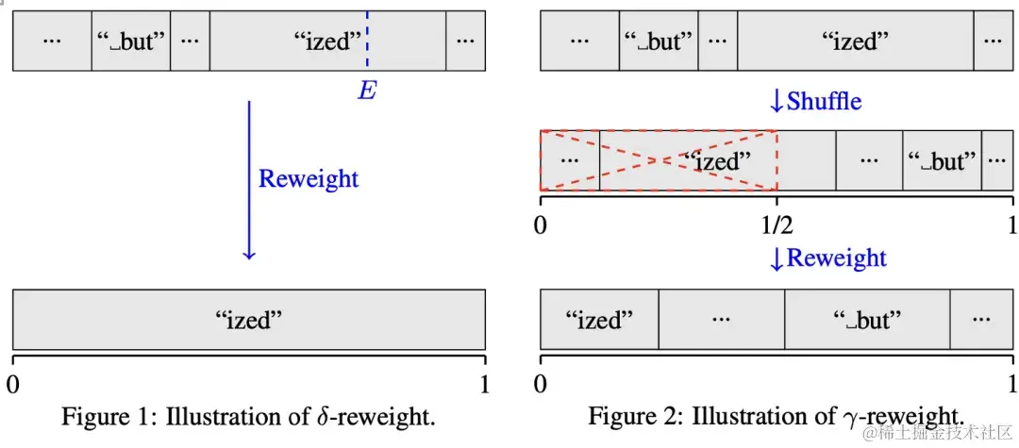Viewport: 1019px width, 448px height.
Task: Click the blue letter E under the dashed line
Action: (367, 91)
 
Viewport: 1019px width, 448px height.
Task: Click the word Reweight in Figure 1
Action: (309, 178)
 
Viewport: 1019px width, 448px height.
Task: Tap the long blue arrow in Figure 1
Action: (249, 179)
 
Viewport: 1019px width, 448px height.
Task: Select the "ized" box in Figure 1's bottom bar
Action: (249, 320)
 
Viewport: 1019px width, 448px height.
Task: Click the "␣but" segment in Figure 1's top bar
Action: (131, 41)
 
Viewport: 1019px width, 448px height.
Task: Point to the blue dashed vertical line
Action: (367, 41)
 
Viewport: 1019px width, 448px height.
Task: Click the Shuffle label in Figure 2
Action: (824, 101)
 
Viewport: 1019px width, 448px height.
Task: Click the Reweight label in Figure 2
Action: (836, 257)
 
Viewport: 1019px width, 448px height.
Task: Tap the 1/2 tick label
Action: (776, 226)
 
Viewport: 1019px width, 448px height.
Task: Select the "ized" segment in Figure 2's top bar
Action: (855, 41)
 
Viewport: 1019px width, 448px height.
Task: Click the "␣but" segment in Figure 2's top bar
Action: (659, 41)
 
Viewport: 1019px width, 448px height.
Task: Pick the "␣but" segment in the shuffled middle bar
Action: (942, 161)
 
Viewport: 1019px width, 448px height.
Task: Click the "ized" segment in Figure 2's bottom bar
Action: (599, 320)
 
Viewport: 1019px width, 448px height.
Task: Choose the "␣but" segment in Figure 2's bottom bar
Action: (867, 320)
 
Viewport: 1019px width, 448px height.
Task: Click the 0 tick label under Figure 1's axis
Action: (13, 384)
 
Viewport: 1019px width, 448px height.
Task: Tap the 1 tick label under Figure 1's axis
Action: (484, 384)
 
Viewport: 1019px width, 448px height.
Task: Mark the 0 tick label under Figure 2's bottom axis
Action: (541, 384)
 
